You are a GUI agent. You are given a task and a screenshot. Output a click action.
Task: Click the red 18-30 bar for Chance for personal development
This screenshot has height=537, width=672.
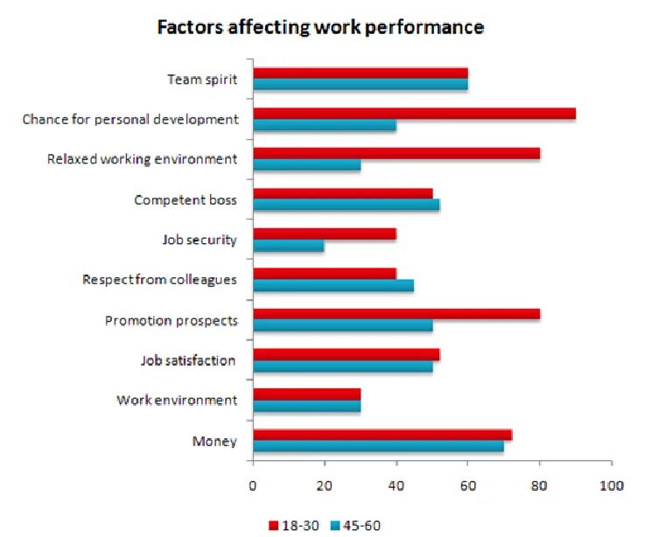point(414,114)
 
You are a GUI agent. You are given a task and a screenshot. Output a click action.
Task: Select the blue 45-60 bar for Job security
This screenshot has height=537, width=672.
point(288,247)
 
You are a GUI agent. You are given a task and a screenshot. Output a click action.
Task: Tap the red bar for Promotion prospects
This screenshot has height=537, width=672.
point(395,313)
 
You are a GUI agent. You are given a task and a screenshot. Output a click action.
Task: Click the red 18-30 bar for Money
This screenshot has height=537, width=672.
point(381,435)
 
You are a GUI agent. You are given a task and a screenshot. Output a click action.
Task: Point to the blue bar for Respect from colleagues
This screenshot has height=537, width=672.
point(332,286)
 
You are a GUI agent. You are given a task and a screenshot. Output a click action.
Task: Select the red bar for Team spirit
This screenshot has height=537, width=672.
point(360,73)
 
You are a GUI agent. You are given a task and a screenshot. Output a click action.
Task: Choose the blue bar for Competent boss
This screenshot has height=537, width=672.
point(346,205)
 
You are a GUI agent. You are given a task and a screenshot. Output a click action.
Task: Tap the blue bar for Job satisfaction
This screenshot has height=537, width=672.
point(342,366)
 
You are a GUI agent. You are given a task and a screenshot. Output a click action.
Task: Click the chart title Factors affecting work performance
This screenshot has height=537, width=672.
point(319,27)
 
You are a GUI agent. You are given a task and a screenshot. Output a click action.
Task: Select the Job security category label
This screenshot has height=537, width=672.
point(199,240)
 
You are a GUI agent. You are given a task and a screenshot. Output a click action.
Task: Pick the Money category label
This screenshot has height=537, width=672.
point(214,441)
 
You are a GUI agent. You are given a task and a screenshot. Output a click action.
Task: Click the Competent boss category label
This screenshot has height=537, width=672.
point(185,200)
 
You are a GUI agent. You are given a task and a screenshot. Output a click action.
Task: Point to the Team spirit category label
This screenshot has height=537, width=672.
point(202,80)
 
